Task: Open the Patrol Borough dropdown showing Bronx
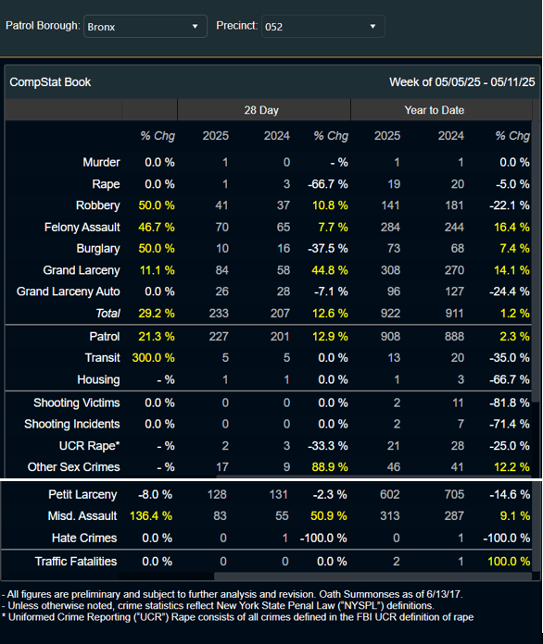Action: click(145, 27)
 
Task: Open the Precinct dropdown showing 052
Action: click(322, 27)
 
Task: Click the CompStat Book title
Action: click(50, 82)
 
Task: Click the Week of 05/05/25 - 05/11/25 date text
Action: click(462, 82)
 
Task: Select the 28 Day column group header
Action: click(261, 110)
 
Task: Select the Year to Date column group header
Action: click(434, 110)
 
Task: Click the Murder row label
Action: click(101, 162)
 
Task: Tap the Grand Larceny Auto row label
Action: click(69, 291)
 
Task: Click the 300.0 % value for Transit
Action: click(153, 358)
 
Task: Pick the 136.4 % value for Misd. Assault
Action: click(150, 516)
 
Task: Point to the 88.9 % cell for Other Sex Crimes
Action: click(330, 467)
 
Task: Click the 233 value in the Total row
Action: click(219, 314)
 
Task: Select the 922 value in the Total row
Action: click(390, 314)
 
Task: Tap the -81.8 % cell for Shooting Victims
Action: click(510, 402)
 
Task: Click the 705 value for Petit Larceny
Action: click(454, 494)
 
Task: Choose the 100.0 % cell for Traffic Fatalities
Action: click(509, 562)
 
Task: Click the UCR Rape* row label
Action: click(89, 446)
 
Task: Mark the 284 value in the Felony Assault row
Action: click(390, 227)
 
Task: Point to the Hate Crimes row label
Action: click(84, 538)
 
